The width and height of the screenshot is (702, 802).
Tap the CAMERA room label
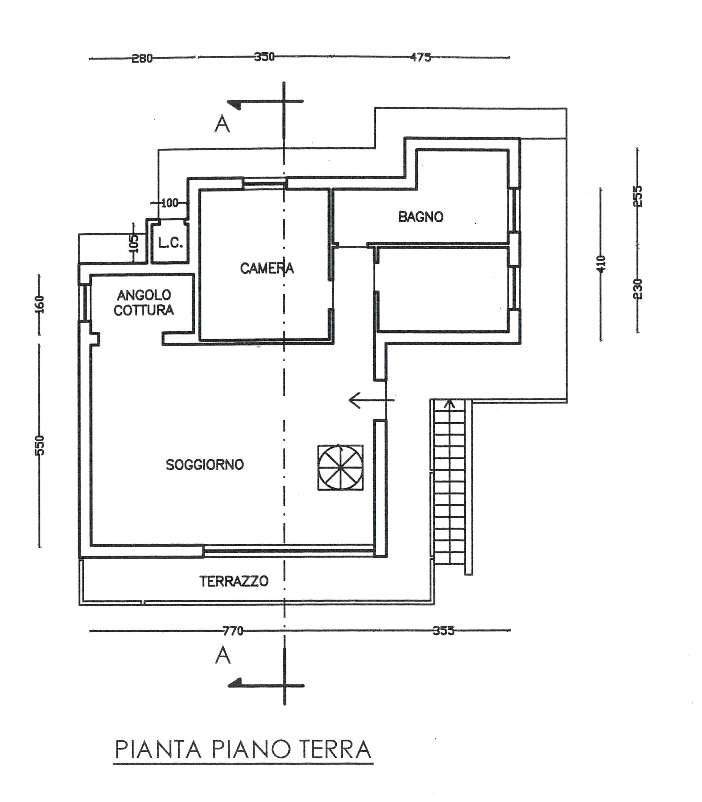tap(266, 268)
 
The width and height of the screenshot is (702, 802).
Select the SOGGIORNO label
tap(204, 465)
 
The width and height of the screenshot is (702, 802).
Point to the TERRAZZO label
tap(234, 581)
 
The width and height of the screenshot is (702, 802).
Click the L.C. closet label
tap(170, 243)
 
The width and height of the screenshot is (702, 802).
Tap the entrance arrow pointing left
tap(370, 400)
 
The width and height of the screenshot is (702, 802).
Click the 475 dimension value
tap(420, 57)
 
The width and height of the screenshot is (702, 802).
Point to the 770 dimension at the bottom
tap(233, 631)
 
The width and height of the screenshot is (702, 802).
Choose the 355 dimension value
tap(443, 631)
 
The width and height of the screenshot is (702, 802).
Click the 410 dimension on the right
tap(601, 263)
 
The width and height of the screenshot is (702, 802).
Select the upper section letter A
tap(222, 125)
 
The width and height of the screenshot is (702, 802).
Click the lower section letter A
tap(223, 655)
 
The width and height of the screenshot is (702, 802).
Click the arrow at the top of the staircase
tap(450, 404)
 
